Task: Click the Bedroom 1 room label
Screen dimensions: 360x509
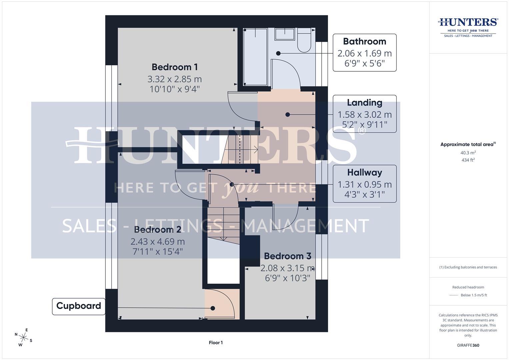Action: point(175,67)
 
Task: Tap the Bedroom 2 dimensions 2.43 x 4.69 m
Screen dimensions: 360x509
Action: point(158,241)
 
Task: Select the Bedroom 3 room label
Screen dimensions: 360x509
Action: point(287,256)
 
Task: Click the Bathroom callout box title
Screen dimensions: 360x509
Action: point(364,41)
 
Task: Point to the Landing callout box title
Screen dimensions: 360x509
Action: point(364,103)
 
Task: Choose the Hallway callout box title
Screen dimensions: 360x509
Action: point(364,172)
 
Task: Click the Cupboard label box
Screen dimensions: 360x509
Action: point(79,306)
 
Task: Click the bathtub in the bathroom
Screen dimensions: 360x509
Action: point(255,57)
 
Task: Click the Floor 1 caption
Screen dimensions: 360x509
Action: point(216,343)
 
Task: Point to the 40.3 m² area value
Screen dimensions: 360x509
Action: point(468,153)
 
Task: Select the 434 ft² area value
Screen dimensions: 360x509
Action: point(468,160)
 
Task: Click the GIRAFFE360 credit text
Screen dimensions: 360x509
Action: point(468,345)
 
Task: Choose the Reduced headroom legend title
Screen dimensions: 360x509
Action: point(468,287)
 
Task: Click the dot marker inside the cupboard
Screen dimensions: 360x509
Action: point(213,308)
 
